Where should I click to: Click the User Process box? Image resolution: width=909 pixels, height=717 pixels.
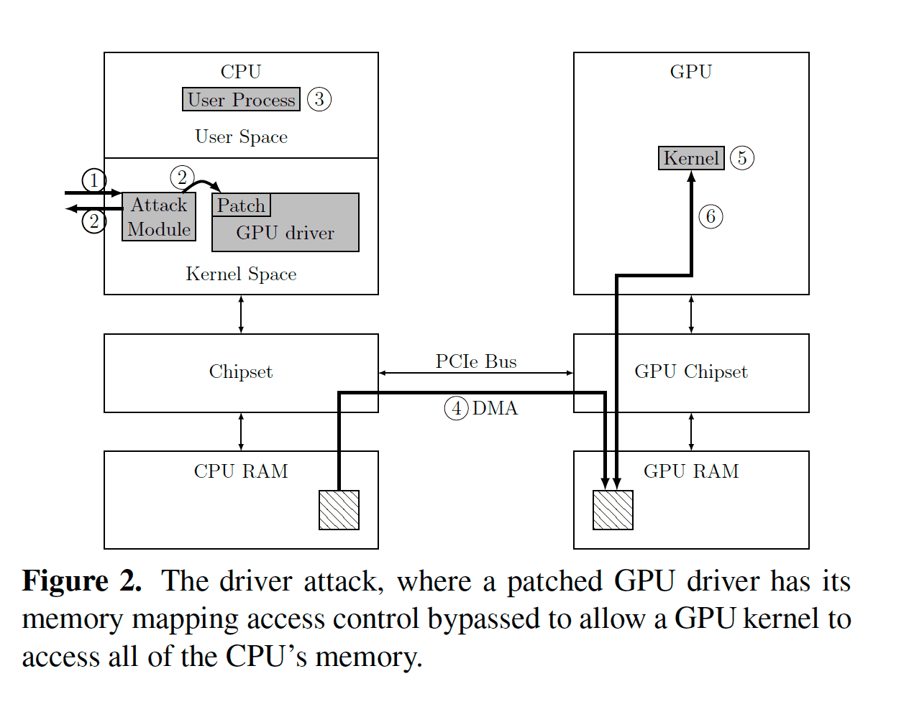[241, 100]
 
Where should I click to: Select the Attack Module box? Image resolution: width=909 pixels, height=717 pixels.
[159, 217]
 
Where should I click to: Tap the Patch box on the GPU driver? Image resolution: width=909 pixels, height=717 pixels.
[242, 205]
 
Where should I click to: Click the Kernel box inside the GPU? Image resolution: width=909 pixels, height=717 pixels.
[691, 158]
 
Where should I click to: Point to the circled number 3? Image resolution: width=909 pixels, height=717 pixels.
[319, 99]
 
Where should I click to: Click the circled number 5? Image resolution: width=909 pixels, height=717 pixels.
[742, 158]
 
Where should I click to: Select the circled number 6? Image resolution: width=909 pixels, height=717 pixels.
[711, 216]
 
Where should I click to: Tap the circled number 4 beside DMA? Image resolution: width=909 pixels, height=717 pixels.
[456, 408]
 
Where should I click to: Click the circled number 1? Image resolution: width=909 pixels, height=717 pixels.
[94, 180]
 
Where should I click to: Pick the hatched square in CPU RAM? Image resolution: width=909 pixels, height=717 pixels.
[339, 510]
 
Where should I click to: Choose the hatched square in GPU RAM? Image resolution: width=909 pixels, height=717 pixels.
[613, 510]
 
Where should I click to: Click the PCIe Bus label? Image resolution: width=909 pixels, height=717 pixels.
[476, 361]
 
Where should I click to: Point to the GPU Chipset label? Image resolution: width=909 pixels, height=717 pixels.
[691, 371]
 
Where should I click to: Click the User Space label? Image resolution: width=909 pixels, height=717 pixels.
[241, 137]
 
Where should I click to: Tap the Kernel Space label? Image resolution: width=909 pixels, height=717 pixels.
[241, 274]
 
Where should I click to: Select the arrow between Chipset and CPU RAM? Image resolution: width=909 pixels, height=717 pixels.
[241, 432]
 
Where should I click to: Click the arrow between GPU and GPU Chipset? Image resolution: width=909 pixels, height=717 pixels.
[691, 314]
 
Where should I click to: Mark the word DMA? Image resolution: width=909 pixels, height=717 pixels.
[495, 408]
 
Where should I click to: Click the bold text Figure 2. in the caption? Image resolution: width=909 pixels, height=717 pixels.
[82, 580]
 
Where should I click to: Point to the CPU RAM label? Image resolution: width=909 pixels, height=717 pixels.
[241, 471]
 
